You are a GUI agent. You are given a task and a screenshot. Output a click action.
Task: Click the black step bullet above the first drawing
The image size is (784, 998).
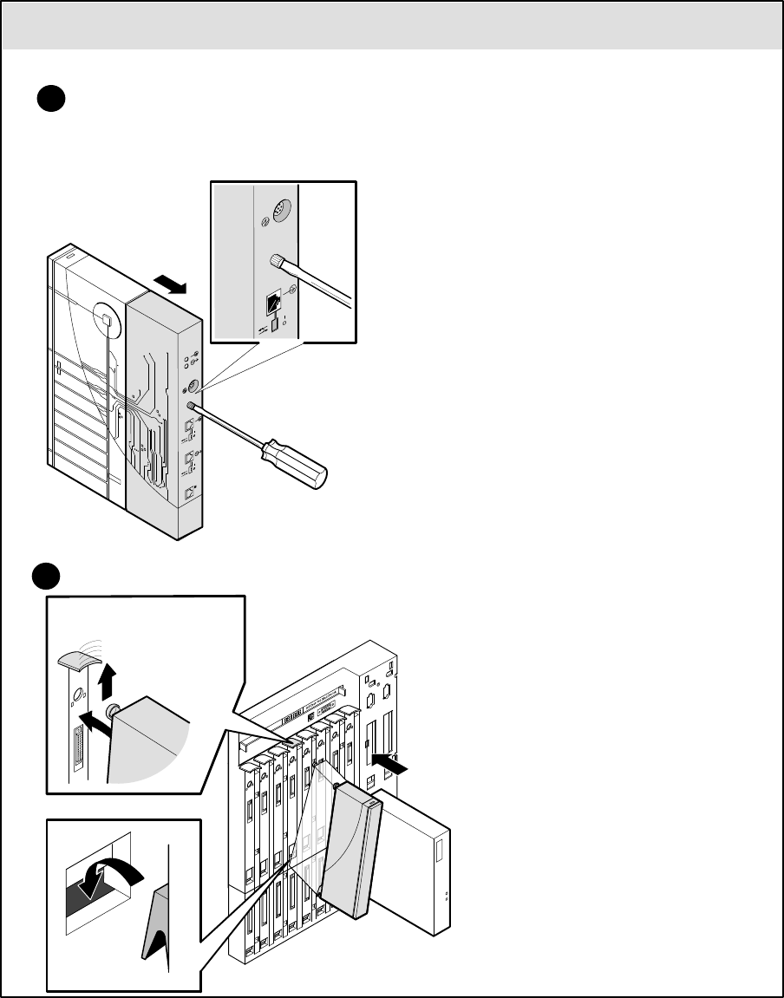click(x=51, y=99)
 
